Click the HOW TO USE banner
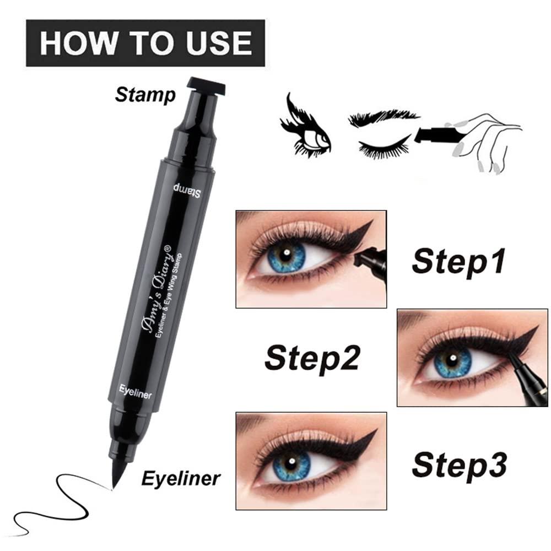[x=145, y=42]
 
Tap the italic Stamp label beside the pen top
[x=145, y=95]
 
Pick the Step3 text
[x=459, y=463]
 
